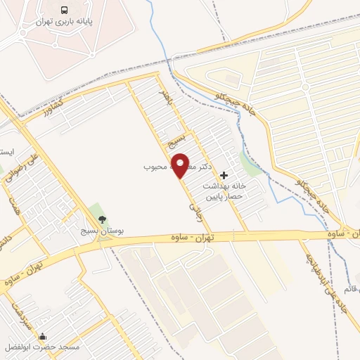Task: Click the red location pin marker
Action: [181, 165]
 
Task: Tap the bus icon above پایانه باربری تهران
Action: [65, 11]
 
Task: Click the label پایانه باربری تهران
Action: [64, 22]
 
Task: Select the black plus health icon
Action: [224, 174]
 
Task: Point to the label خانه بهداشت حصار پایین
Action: [224, 191]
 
